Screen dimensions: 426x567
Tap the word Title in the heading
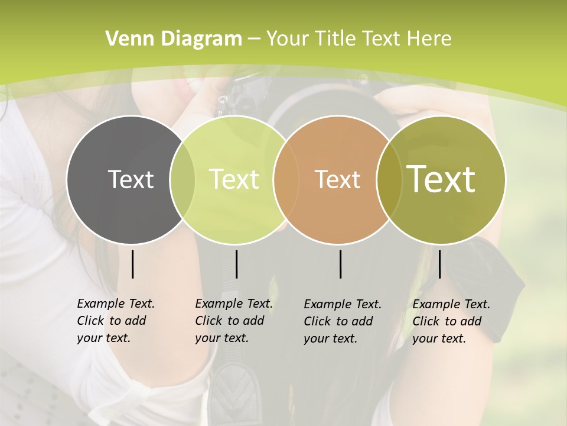(337, 38)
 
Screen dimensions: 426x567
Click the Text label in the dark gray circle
(131, 179)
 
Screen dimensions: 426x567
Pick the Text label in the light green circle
(234, 179)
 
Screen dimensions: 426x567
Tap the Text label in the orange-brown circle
(337, 179)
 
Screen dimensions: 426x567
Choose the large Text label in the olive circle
(441, 179)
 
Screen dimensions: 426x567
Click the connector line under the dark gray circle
(132, 264)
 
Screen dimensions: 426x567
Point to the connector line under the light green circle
(236, 264)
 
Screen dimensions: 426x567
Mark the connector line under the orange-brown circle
(341, 264)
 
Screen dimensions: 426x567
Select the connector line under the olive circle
(439, 264)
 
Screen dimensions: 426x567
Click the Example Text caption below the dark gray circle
(116, 321)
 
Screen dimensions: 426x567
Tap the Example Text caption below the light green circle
(234, 321)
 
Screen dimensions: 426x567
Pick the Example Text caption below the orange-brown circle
(343, 321)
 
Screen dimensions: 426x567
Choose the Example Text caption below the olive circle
(451, 321)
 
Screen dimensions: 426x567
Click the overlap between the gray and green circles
(183, 179)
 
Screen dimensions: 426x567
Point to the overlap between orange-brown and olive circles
(388, 179)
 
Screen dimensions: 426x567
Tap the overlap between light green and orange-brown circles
(281, 179)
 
